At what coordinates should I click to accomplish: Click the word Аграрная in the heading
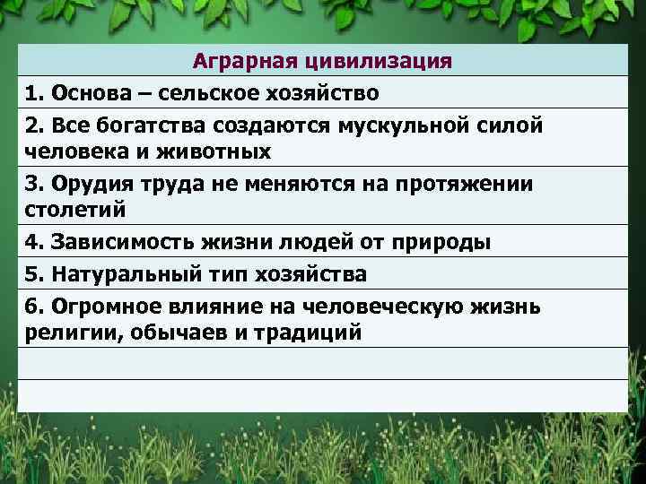point(235,61)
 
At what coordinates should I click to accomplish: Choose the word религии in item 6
point(65,333)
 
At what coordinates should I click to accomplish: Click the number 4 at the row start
point(32,242)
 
